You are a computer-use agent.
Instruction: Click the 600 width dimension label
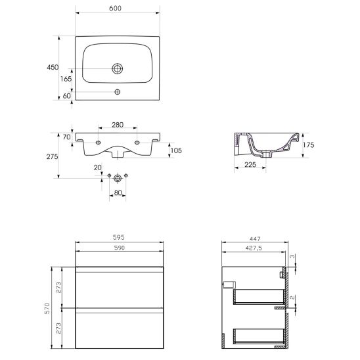(x=115, y=9)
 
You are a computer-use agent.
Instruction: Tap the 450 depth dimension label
(x=53, y=67)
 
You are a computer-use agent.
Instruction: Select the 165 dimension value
(x=66, y=79)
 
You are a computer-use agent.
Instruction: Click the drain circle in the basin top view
(x=118, y=68)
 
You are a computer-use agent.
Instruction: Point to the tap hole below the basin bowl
(x=118, y=92)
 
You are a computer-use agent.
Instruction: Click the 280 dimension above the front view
(x=118, y=125)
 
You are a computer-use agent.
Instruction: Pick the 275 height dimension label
(x=52, y=156)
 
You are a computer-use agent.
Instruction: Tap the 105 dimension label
(x=176, y=150)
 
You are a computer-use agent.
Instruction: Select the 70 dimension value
(x=66, y=137)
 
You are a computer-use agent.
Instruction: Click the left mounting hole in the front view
(x=98, y=143)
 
